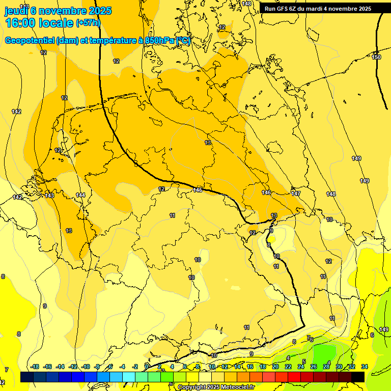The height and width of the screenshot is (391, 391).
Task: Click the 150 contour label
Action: tap(376, 57)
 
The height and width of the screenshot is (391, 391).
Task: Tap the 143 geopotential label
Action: tap(49, 195)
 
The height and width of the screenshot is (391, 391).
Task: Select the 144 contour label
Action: tap(80, 195)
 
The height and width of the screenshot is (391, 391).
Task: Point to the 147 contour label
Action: tap(296, 193)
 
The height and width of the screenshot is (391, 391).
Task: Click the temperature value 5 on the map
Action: tap(304, 361)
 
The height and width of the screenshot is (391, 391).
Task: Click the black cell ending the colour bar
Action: tap(358, 376)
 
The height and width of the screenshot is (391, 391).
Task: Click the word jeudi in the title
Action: tap(16, 10)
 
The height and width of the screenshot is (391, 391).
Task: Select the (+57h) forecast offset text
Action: tap(88, 23)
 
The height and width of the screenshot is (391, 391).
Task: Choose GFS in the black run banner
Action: tap(282, 9)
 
